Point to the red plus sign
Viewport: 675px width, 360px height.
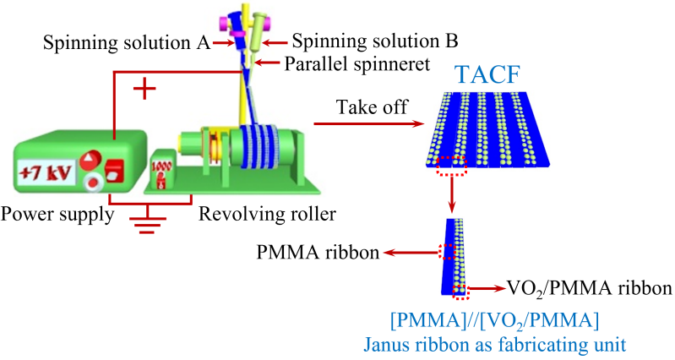click(145, 89)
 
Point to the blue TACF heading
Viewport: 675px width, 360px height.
click(487, 75)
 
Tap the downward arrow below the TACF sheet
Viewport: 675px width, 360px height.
click(452, 194)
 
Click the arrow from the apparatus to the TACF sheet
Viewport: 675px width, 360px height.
click(368, 124)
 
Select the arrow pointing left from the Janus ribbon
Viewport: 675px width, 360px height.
click(410, 252)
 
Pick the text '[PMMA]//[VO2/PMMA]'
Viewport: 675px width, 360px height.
click(494, 321)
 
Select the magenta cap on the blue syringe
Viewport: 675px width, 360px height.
click(226, 40)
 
